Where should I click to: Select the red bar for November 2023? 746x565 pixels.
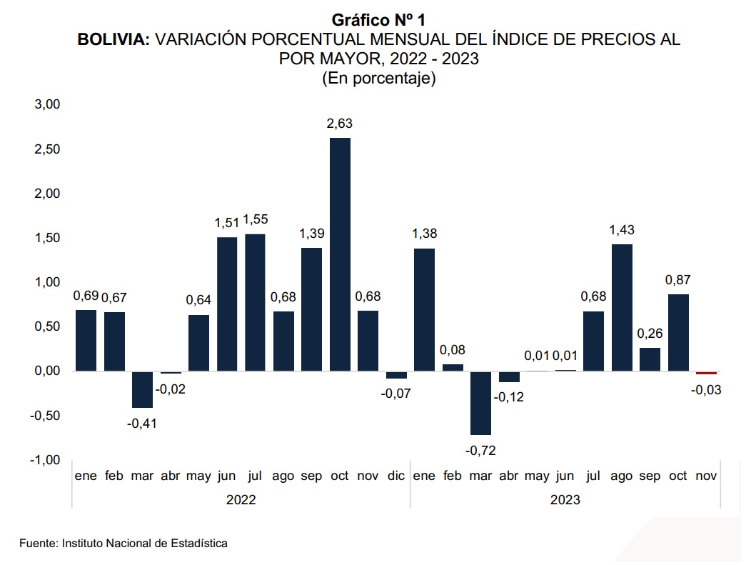tap(706, 373)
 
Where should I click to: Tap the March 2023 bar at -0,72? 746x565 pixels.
tap(480, 403)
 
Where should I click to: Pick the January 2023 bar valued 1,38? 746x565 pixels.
tap(424, 309)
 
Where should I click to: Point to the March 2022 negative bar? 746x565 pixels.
tap(142, 389)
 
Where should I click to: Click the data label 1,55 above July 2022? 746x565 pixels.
tap(255, 220)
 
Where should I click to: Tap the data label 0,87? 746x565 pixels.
tap(679, 280)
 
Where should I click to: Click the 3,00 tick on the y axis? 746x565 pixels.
tap(46, 104)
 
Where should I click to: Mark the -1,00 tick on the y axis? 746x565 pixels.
tap(45, 460)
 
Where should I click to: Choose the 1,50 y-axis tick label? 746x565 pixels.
tap(46, 238)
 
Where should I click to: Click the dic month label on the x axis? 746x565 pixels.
tap(396, 476)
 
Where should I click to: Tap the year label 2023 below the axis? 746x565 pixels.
tap(565, 500)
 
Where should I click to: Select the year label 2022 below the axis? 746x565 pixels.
tap(241, 500)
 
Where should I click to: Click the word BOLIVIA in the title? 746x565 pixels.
tap(114, 40)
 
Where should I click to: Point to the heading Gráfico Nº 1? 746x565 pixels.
tap(378, 20)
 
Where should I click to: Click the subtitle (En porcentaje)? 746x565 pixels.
tap(378, 79)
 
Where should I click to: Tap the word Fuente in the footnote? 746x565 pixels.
tap(37, 544)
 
